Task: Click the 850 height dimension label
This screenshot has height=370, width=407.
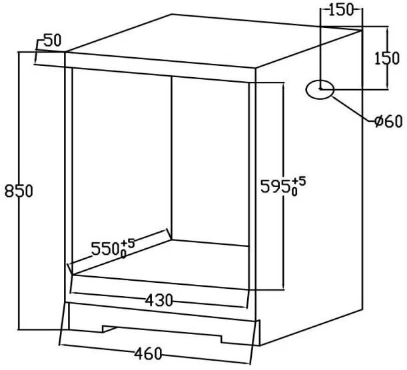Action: tap(19, 191)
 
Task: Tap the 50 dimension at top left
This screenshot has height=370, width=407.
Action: tap(53, 41)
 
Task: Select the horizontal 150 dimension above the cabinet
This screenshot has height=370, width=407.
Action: tap(341, 10)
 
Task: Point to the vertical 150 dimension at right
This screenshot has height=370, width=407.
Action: tap(387, 58)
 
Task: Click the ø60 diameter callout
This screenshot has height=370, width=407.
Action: tap(388, 121)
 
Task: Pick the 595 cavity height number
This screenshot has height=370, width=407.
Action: tap(275, 186)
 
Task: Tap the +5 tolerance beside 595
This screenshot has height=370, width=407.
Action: tap(299, 181)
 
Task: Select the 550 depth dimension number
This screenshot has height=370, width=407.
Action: tap(105, 249)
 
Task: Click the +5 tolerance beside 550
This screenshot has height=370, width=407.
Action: tap(128, 244)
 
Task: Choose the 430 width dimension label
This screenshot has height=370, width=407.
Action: tap(159, 301)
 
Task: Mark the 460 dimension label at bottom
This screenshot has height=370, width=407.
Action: tap(148, 353)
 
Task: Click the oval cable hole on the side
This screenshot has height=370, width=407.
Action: tap(320, 89)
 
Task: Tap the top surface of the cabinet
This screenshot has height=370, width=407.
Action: tap(213, 41)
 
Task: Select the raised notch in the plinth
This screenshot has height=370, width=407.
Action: tap(163, 331)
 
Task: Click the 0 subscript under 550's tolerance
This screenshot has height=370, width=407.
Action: tap(123, 255)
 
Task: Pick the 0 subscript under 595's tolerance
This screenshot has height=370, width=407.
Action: tap(294, 192)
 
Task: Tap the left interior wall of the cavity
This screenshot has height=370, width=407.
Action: tap(121, 171)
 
